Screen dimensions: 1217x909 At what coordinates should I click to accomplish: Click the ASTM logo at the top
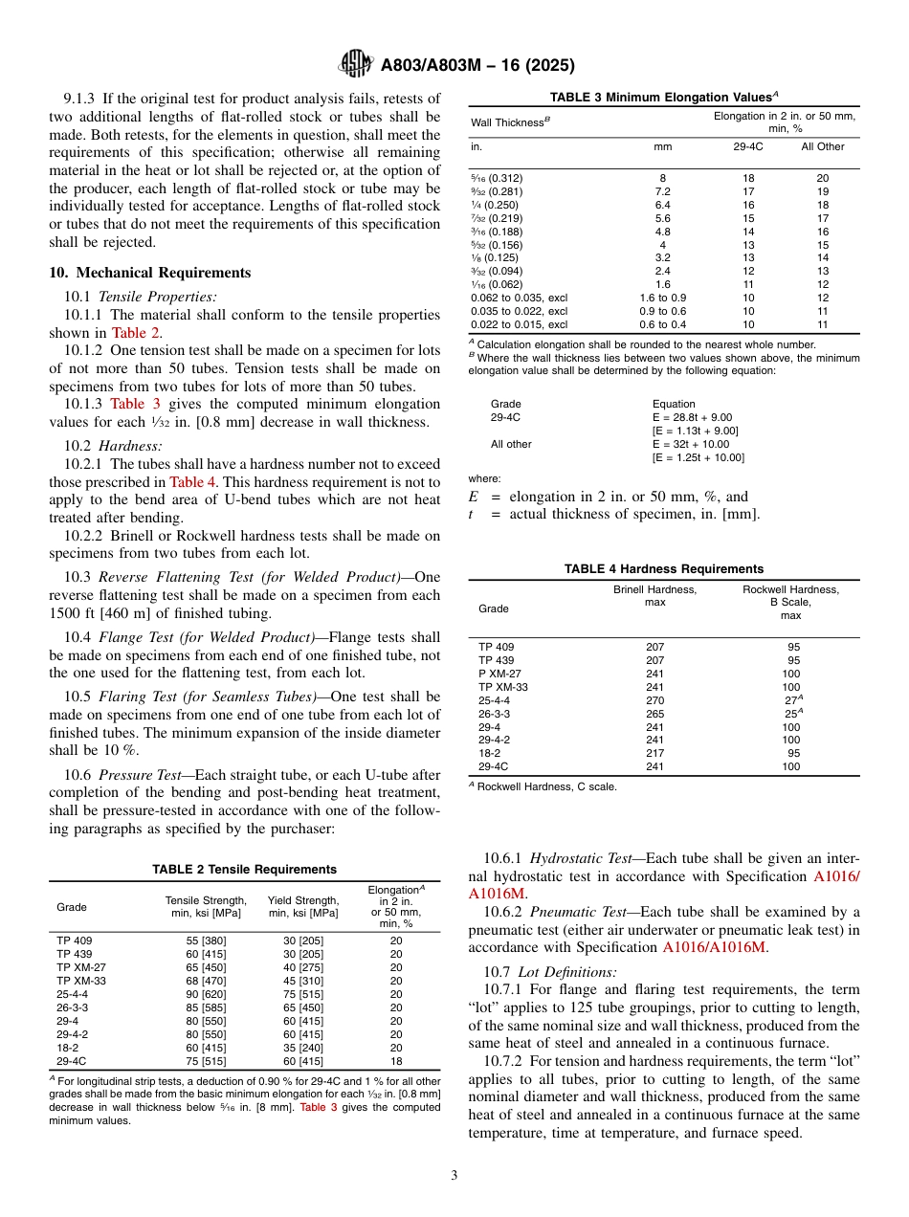356,65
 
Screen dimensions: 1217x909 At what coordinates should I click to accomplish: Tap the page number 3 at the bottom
454,1175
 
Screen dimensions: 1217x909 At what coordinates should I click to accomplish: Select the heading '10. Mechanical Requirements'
150,273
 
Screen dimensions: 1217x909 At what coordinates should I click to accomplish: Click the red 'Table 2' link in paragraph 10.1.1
136,333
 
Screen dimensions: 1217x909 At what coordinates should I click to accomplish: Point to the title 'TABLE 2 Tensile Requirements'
244,870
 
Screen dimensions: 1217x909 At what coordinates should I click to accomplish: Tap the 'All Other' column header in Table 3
823,146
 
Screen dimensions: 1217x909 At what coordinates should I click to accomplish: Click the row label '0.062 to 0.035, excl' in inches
518,298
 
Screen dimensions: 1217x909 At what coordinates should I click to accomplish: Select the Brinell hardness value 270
654,700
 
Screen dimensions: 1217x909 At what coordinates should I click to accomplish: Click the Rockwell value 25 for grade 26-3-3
790,714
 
